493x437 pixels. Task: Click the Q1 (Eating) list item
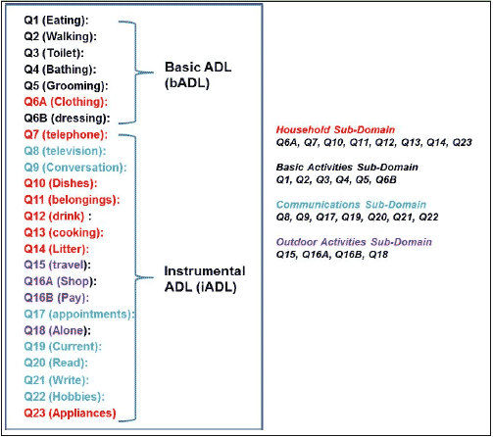[x=56, y=21]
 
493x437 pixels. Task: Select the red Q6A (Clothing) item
[x=66, y=102]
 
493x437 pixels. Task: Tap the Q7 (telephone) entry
[x=66, y=134]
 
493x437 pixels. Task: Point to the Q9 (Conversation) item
[x=75, y=168]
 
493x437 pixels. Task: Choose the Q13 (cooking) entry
[x=64, y=233]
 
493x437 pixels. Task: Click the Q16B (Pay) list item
[x=57, y=298]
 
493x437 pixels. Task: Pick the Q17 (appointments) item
[x=79, y=315]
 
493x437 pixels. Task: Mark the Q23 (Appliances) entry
[x=70, y=413]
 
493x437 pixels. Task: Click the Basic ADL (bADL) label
[x=198, y=75]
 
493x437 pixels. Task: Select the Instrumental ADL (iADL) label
[x=205, y=279]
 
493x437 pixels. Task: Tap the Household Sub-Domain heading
[x=335, y=129]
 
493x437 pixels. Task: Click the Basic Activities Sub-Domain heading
[x=347, y=168]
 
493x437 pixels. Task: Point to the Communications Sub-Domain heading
[x=351, y=205]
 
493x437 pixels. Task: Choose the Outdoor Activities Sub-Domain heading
[x=354, y=242]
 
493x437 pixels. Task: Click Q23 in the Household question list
[x=462, y=142]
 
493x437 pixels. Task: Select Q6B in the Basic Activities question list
[x=386, y=179]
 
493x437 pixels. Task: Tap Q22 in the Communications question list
[x=428, y=218]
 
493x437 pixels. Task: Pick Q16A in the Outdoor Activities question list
[x=317, y=255]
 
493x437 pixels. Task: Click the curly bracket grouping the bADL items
[x=135, y=73]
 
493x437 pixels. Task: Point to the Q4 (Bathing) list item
[x=60, y=70]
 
